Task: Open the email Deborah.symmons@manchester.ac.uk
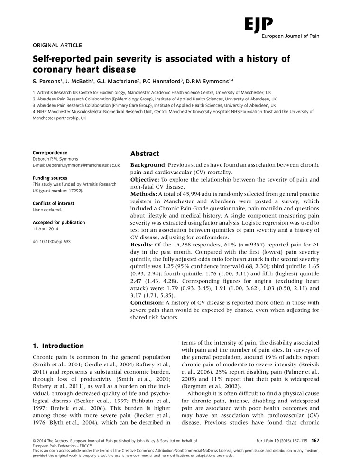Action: pos(76,165)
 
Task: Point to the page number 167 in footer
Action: pos(315,440)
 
